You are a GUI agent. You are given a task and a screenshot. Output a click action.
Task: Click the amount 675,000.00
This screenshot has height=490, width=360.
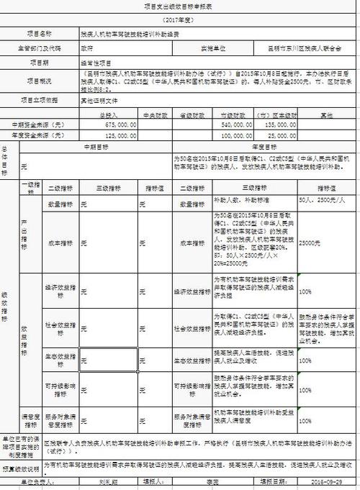pos(117,124)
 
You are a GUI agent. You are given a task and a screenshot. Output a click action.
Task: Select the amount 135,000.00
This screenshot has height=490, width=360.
pos(279,124)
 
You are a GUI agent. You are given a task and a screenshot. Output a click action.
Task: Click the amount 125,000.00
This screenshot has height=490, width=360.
pos(117,134)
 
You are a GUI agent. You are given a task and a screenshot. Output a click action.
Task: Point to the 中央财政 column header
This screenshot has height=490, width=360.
pos(153,114)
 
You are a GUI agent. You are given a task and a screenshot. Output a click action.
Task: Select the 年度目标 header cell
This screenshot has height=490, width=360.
pos(265,145)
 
